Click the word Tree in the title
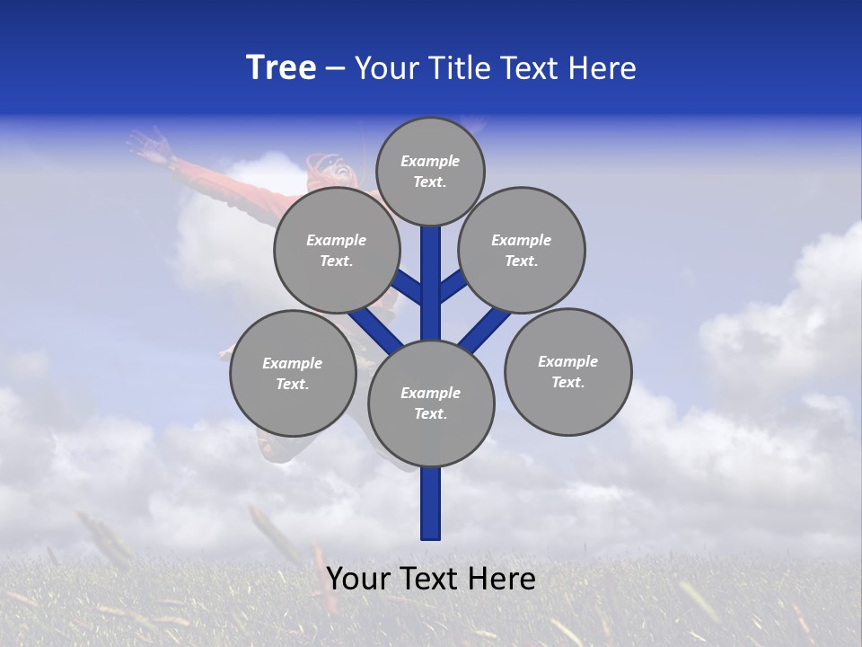(x=281, y=68)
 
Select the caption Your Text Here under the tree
(x=431, y=579)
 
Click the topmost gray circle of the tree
(x=430, y=172)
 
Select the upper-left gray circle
(x=337, y=251)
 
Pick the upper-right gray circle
(x=522, y=251)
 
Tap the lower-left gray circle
(x=293, y=374)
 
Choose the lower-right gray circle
(x=568, y=372)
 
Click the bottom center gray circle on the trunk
(x=431, y=403)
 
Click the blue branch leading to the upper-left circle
(x=408, y=287)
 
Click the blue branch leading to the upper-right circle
(x=453, y=285)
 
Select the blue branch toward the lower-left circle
(x=375, y=329)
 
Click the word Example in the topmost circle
(x=430, y=162)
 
